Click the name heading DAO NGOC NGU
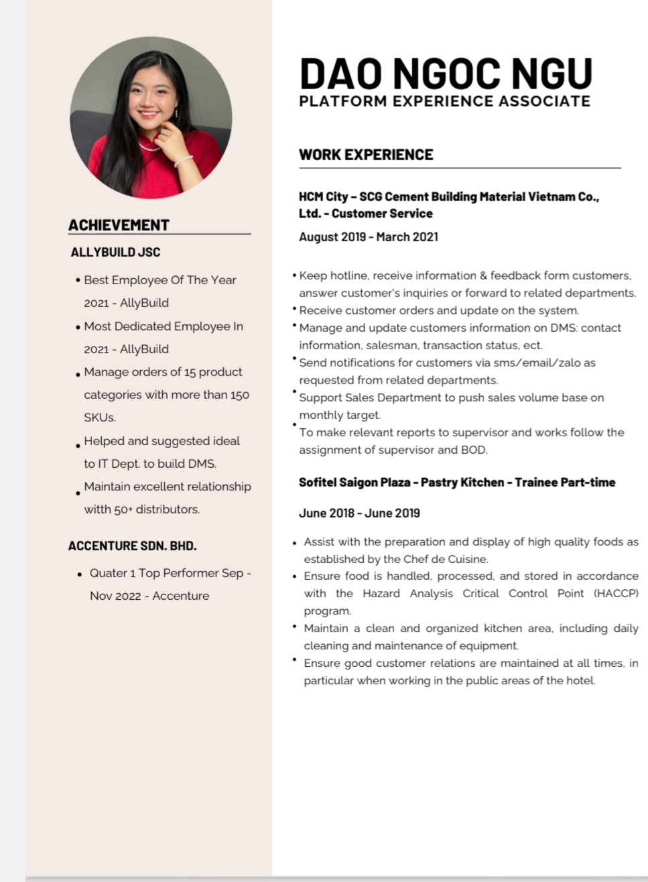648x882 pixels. click(446, 74)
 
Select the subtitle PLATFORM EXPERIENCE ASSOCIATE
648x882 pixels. click(444, 102)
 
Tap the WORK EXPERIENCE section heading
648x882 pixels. click(366, 155)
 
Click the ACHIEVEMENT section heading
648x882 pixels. click(119, 225)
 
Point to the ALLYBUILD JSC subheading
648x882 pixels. click(115, 253)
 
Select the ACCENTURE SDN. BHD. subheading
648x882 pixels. click(132, 546)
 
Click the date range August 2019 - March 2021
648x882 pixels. click(369, 237)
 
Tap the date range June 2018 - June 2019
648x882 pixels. click(359, 513)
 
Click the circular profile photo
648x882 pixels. click(151, 117)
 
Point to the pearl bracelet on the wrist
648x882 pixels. click(184, 160)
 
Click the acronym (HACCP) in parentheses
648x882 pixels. click(616, 594)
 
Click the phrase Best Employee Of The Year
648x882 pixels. click(159, 280)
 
